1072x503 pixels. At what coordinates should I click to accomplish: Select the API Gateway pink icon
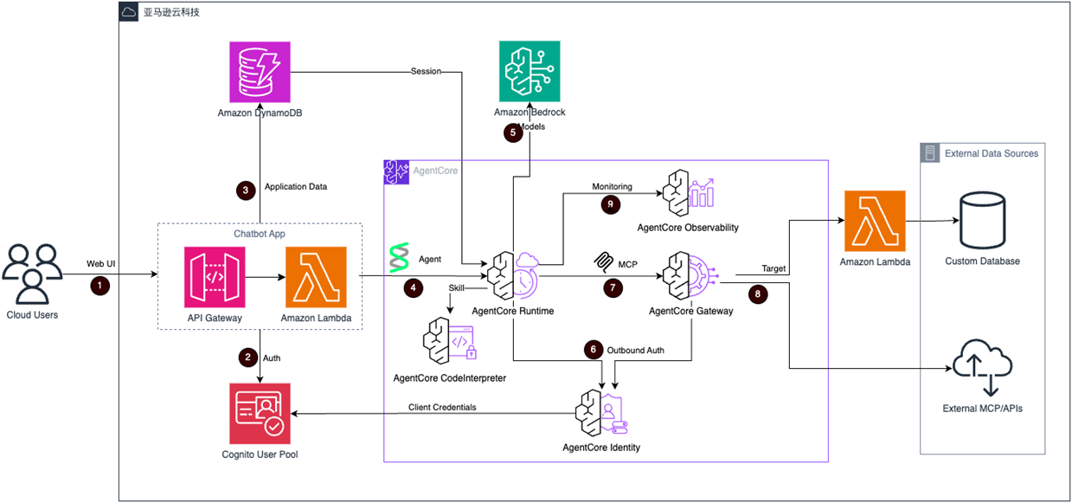click(x=215, y=277)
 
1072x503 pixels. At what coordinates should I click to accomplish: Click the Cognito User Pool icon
click(x=261, y=410)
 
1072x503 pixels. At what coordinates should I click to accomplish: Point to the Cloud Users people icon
click(x=32, y=272)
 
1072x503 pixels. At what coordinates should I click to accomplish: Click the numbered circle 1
click(x=101, y=284)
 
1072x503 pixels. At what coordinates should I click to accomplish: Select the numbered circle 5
click(x=513, y=133)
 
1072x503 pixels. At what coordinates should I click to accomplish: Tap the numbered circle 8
click(x=758, y=293)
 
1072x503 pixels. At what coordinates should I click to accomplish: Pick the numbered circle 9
click(x=611, y=204)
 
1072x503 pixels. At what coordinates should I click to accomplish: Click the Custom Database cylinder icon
click(x=982, y=221)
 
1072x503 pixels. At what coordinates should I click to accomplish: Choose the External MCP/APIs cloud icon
click(x=982, y=367)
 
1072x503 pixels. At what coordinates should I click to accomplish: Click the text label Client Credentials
click(x=442, y=407)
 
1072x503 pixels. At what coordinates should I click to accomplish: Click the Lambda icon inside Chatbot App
click(x=316, y=277)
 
